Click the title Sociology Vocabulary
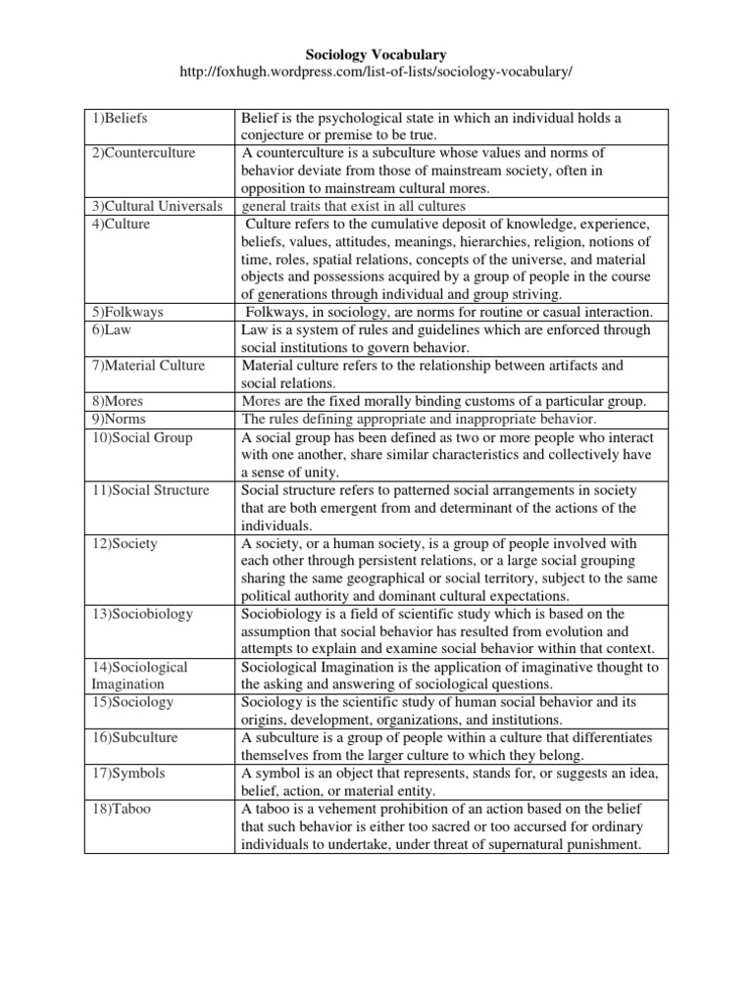pos(376,57)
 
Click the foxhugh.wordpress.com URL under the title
pos(376,75)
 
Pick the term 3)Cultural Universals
pos(158,206)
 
